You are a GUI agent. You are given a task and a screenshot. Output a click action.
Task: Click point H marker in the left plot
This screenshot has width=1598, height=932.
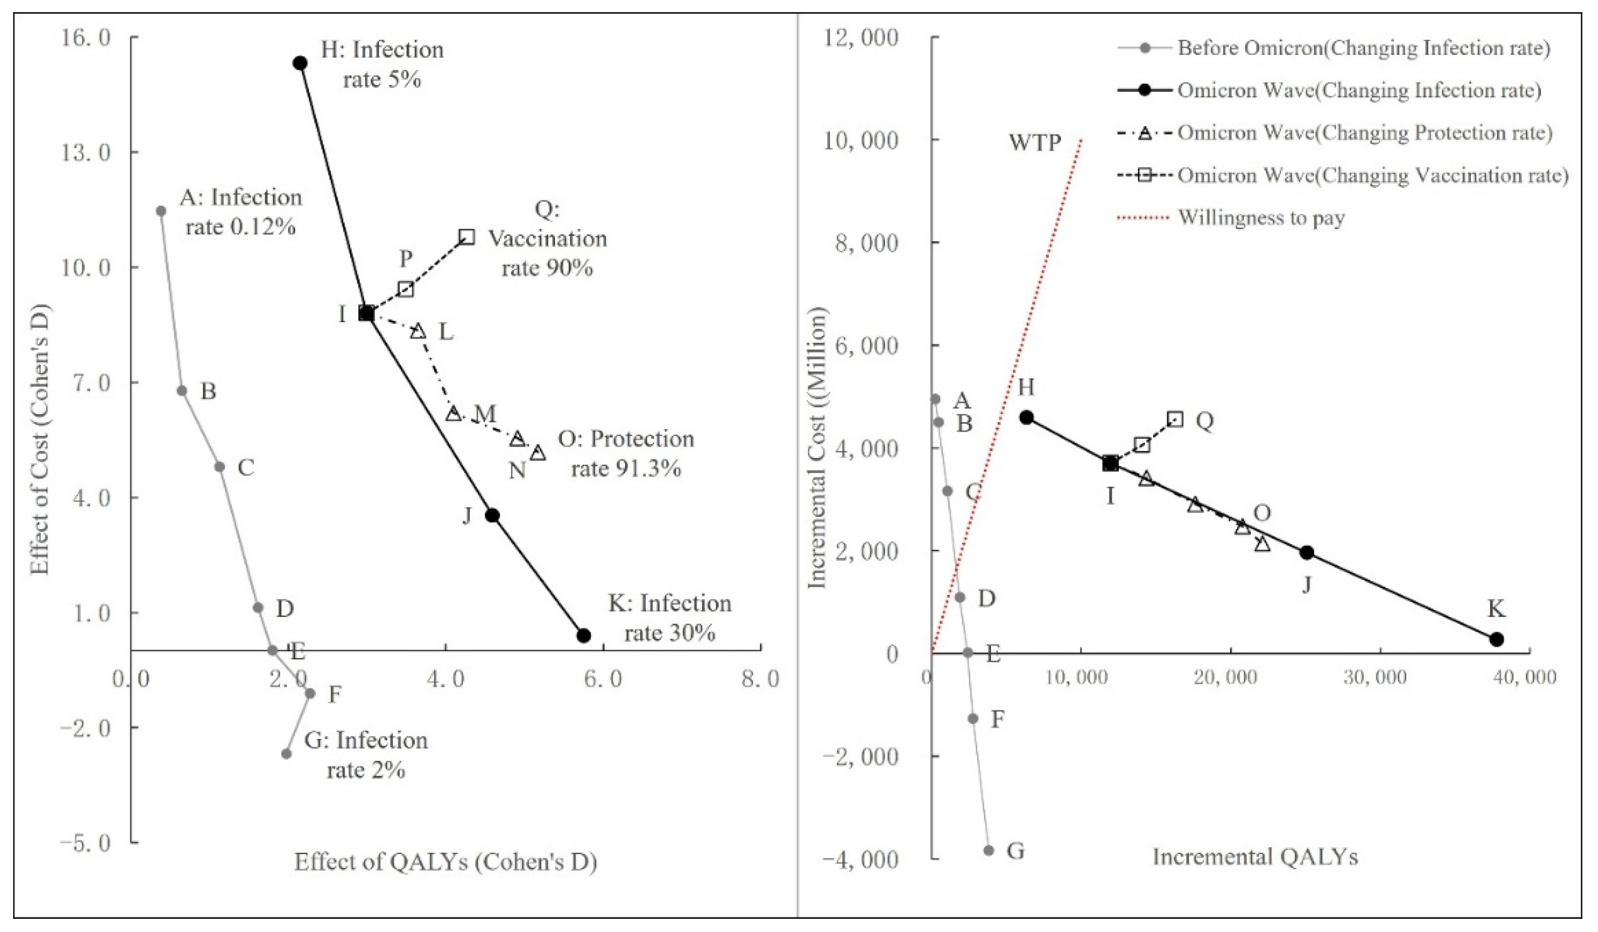click(300, 63)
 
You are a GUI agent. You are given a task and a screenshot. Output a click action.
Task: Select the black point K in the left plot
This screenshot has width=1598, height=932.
click(584, 635)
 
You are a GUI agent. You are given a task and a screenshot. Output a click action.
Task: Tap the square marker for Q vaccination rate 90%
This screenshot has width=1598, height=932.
click(467, 237)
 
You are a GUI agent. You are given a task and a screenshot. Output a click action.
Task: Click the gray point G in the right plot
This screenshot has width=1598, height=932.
click(988, 850)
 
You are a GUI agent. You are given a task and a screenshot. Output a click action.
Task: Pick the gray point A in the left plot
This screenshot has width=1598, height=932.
click(161, 211)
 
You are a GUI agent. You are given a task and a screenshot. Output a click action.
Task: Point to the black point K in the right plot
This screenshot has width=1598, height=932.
click(1497, 639)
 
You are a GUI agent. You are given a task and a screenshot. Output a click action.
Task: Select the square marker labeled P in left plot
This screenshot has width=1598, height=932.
click(406, 289)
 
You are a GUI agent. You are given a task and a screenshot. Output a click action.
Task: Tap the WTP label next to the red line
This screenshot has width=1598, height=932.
click(1035, 143)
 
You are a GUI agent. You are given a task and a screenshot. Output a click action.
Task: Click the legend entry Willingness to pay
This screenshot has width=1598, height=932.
click(1260, 218)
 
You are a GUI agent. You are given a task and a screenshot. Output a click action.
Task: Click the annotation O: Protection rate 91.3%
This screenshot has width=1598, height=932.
click(626, 453)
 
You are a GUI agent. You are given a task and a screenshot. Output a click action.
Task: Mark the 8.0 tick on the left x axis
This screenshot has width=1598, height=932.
click(761, 679)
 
